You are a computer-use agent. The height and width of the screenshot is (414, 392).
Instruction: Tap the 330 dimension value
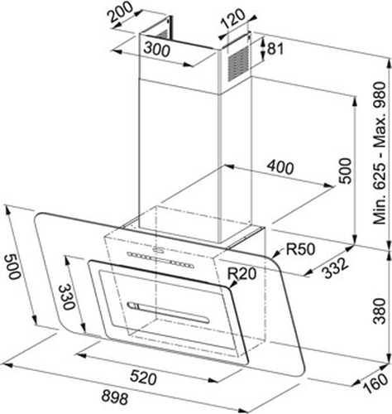67,297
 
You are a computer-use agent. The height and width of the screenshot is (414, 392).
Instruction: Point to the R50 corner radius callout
300,249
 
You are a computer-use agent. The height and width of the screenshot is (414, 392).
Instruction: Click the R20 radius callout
242,274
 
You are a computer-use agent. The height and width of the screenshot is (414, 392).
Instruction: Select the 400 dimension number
280,167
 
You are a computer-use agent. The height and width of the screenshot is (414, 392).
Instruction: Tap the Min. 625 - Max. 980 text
380,153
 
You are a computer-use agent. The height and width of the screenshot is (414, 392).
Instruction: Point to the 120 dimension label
233,18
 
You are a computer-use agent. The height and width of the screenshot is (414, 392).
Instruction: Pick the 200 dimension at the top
121,12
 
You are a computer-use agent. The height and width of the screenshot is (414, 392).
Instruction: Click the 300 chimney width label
156,50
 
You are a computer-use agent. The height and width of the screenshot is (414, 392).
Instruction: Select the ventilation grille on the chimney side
239,64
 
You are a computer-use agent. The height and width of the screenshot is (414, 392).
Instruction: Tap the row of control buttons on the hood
160,260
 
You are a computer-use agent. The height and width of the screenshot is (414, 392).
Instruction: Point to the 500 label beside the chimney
346,171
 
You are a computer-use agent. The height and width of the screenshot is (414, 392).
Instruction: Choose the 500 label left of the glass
12,267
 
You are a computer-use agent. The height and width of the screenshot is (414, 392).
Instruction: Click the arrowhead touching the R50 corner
276,253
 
